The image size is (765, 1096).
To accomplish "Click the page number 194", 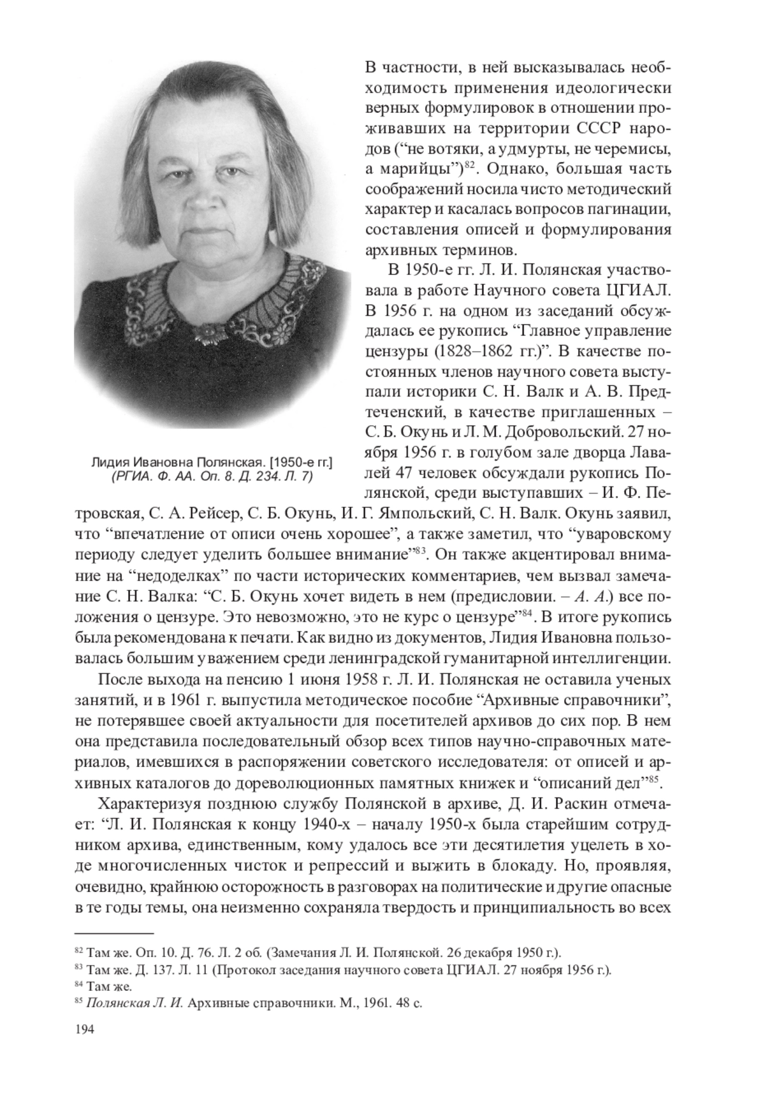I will point(85,1030).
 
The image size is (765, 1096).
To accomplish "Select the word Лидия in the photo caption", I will point(109,461).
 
